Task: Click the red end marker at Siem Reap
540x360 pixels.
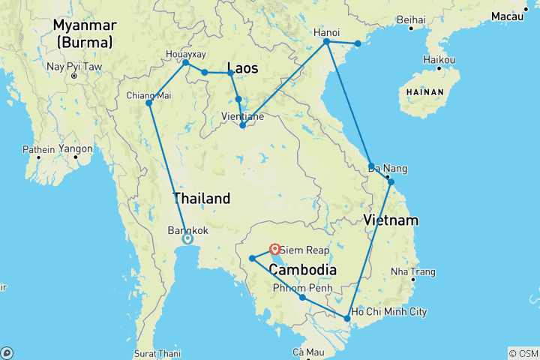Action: [274, 248]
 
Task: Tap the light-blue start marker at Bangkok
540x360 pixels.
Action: [187, 239]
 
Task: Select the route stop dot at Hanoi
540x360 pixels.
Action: [326, 41]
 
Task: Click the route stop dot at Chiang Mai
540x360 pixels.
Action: [148, 103]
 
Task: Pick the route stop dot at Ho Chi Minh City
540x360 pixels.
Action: [346, 319]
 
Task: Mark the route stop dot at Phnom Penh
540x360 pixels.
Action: [302, 298]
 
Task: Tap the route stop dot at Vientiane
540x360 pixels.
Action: [242, 125]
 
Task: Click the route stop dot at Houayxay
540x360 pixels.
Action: [185, 62]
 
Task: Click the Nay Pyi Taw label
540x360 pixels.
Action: [73, 67]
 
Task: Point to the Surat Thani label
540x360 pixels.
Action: [159, 353]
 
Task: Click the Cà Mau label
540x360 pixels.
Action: [307, 352]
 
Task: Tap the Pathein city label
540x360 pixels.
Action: [38, 149]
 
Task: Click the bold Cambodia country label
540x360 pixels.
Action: [302, 270]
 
